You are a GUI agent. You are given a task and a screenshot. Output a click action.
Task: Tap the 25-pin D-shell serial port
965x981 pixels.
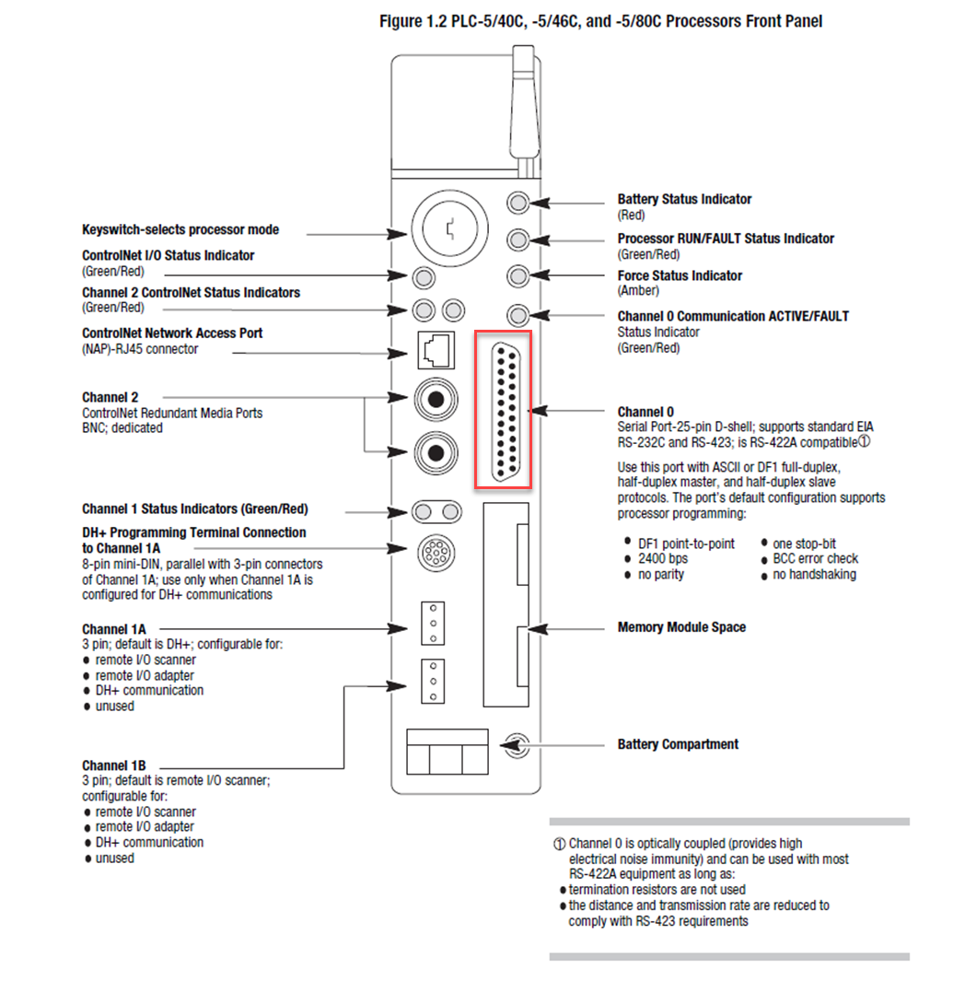(502, 410)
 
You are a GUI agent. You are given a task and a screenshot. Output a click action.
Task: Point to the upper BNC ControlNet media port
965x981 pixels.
(436, 399)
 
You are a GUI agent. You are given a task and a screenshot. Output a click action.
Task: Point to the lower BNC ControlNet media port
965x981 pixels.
(436, 450)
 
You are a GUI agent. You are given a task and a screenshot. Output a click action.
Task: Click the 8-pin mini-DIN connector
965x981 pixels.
(435, 553)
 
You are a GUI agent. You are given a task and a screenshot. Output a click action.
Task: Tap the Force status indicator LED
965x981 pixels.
(518, 275)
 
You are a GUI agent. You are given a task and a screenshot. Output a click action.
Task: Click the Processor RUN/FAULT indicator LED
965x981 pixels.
(518, 239)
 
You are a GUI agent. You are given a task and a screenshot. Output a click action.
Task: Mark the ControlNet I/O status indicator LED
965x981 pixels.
(424, 275)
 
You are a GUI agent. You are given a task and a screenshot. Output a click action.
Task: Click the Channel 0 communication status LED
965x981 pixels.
(518, 315)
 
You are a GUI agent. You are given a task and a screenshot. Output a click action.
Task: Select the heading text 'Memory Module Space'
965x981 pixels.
(681, 627)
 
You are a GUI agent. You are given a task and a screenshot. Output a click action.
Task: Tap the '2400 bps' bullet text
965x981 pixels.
(662, 558)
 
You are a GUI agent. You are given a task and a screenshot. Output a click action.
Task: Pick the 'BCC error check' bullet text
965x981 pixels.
(815, 558)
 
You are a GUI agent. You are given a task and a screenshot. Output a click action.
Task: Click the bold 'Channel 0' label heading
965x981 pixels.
(645, 412)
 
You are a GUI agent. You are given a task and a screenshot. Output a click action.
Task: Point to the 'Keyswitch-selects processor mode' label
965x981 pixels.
(180, 229)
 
